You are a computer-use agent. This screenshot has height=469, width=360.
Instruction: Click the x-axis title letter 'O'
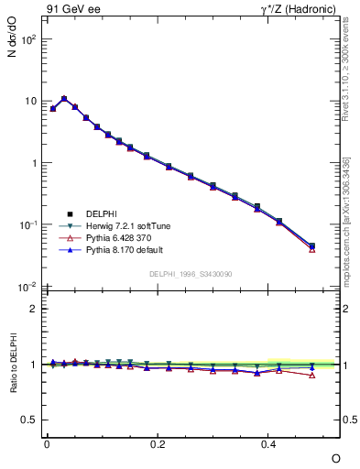coord(335,458)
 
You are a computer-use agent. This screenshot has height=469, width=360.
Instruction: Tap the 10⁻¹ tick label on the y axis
coord(29,224)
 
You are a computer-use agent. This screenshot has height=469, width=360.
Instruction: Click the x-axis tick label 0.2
coord(158,442)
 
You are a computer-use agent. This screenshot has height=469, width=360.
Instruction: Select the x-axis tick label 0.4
coord(268,442)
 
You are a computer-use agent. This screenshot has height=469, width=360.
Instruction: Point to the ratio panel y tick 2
coord(33,309)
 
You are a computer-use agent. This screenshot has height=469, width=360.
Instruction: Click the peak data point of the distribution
coord(64,99)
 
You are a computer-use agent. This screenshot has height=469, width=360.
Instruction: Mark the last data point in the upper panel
coord(312,246)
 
